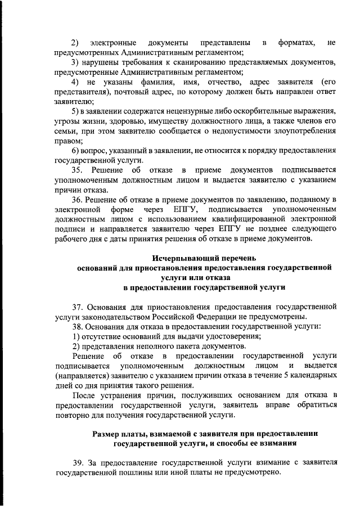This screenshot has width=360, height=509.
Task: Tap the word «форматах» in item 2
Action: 296,43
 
